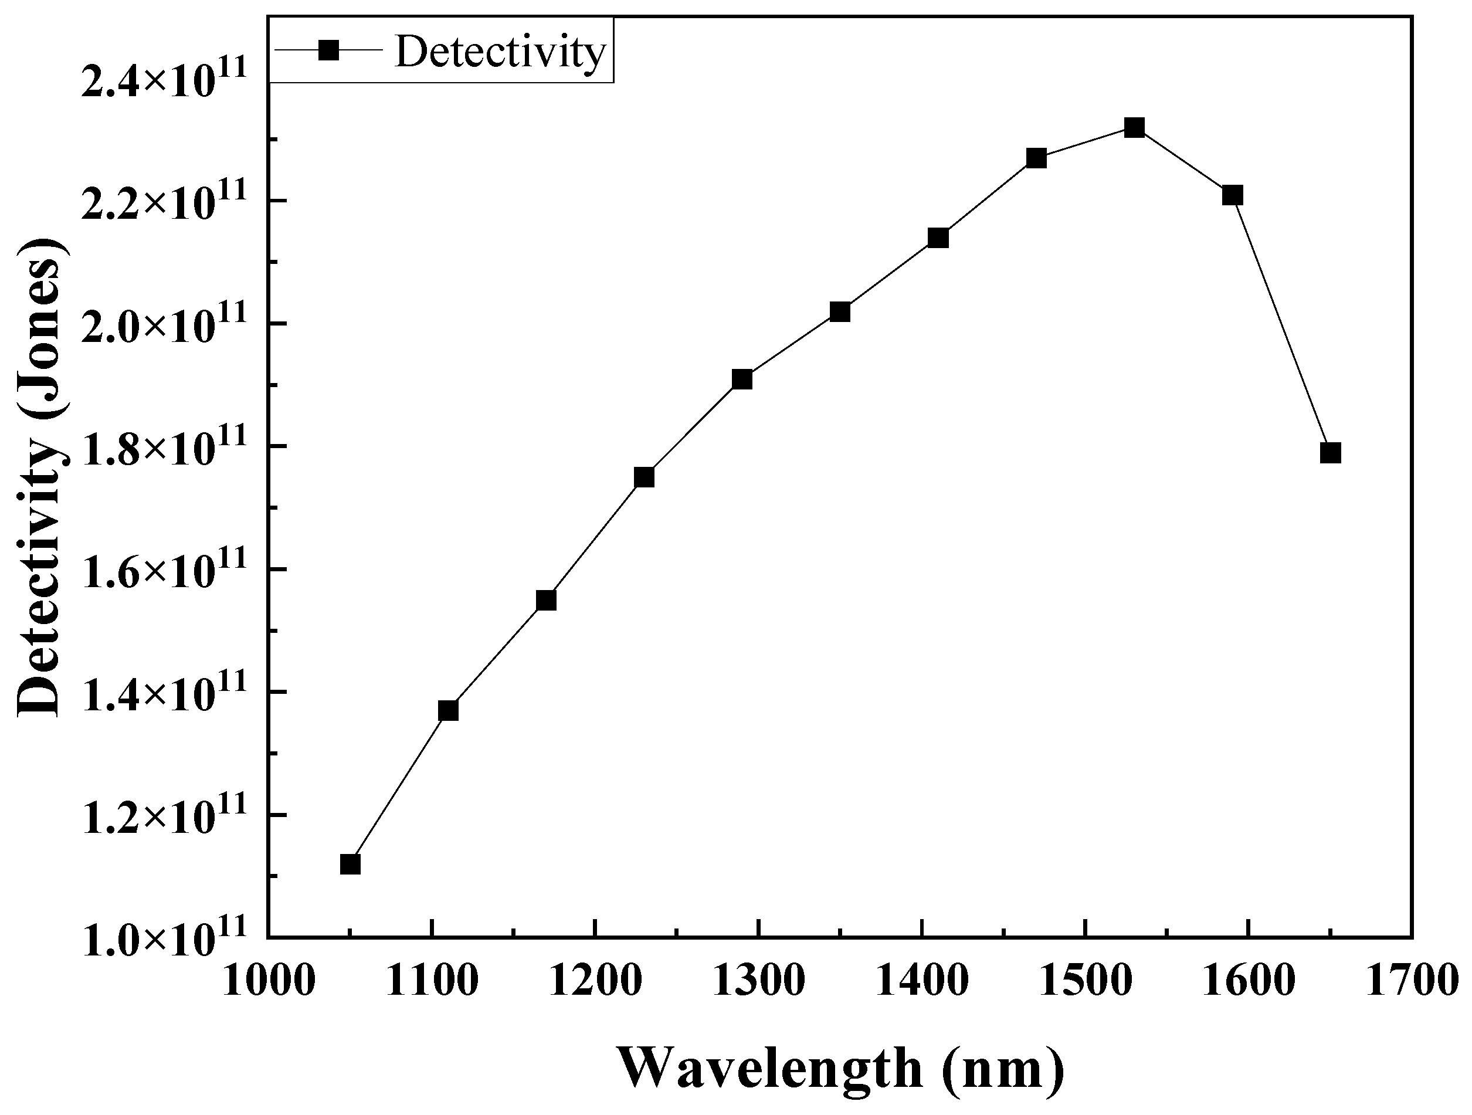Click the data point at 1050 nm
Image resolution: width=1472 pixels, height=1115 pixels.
[350, 864]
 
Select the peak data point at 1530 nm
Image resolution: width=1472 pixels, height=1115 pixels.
[1134, 127]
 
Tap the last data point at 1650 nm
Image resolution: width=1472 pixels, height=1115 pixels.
[1329, 453]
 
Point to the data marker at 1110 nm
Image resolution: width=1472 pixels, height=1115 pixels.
[448, 710]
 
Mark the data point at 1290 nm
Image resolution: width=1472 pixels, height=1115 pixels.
[742, 379]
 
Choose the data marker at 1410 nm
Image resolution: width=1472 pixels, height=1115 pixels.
[938, 238]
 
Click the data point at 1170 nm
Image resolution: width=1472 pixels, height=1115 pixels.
[545, 601]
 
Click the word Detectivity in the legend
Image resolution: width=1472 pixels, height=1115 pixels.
[500, 51]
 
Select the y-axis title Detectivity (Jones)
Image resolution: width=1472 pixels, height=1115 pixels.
[41, 477]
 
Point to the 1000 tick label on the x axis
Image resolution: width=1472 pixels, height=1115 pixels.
[267, 982]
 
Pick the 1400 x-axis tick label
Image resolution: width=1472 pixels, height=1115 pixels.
[922, 982]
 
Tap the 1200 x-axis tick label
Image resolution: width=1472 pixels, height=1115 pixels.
[595, 982]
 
